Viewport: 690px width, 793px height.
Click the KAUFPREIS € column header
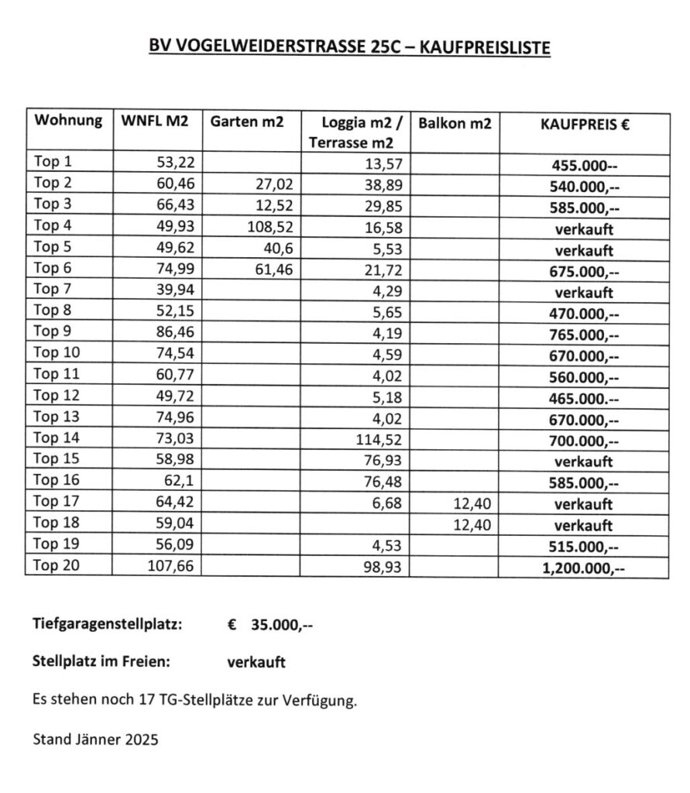pyautogui.click(x=585, y=123)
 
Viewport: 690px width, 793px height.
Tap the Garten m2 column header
pyautogui.click(x=246, y=122)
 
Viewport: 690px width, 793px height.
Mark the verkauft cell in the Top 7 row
pyautogui.click(x=584, y=293)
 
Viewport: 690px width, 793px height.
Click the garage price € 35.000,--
pyautogui.click(x=271, y=625)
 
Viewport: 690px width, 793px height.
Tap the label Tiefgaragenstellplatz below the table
pyautogui.click(x=107, y=625)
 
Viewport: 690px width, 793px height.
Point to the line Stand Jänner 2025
pyautogui.click(x=95, y=740)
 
